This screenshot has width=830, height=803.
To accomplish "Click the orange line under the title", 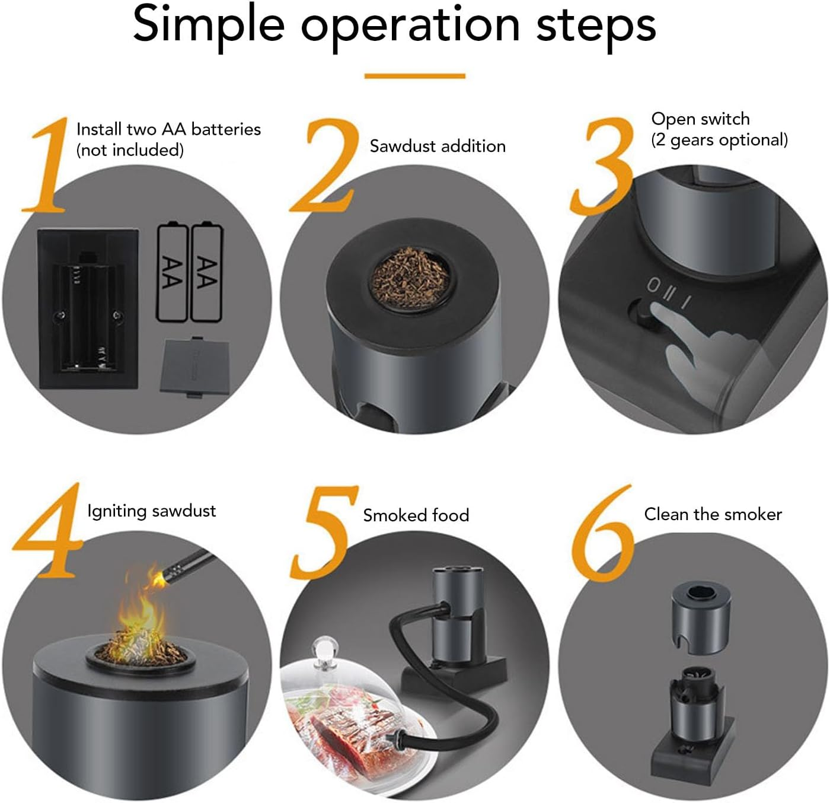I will (x=414, y=76).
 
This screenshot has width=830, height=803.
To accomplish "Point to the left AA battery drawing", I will (x=173, y=272).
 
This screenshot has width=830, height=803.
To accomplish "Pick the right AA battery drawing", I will (x=206, y=272).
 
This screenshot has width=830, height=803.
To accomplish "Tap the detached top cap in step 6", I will (x=701, y=617).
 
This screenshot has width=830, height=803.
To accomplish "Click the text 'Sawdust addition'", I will (x=438, y=146).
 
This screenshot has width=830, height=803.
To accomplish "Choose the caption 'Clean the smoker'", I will (x=713, y=514).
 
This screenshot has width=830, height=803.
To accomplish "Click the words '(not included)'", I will (x=130, y=150).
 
